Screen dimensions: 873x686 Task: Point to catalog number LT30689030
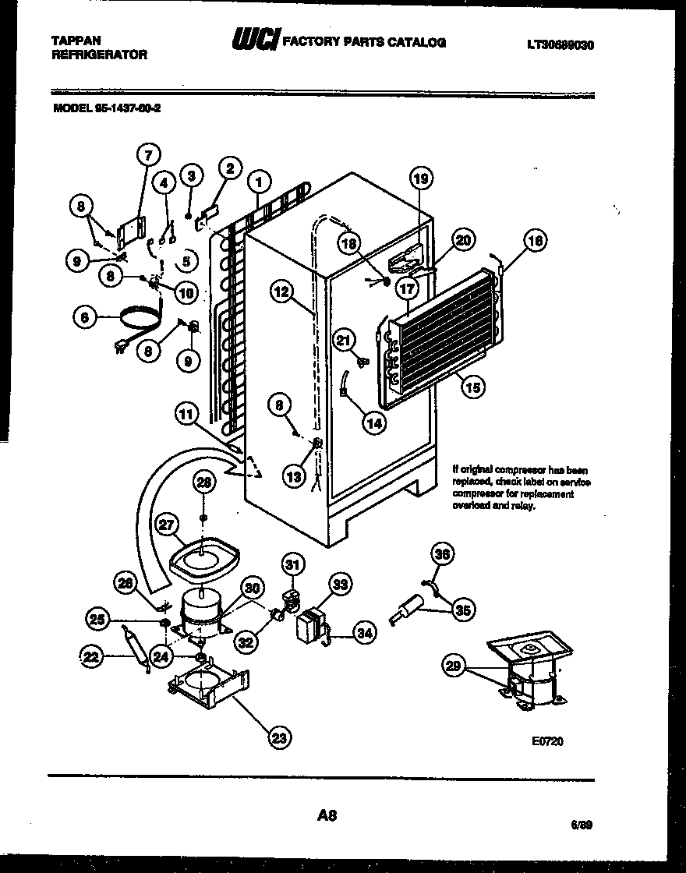click(x=560, y=45)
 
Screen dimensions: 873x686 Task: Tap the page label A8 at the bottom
click(x=327, y=816)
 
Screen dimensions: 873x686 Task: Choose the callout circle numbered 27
click(x=166, y=525)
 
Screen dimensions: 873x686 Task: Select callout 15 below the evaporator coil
click(x=470, y=385)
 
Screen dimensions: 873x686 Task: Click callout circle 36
click(x=442, y=554)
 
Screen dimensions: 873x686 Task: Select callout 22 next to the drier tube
click(x=93, y=658)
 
